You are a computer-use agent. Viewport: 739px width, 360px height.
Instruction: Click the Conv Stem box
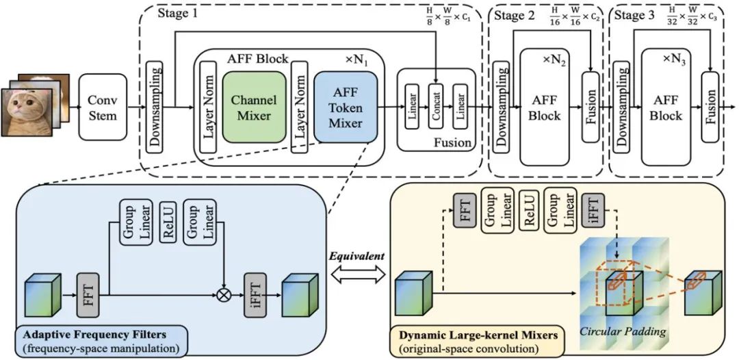coord(103,107)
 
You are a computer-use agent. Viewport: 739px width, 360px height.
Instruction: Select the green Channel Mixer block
coord(254,107)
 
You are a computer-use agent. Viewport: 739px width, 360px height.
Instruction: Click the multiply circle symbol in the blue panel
coord(222,296)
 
